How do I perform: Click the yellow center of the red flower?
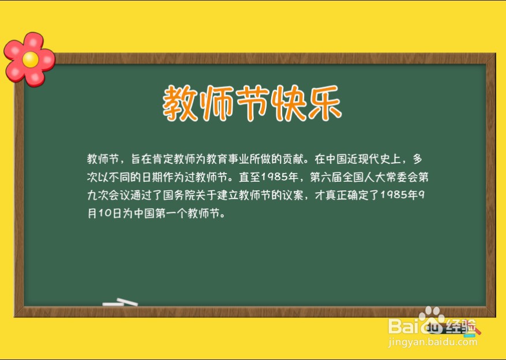tap(29, 59)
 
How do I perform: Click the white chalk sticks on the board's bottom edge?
tap(120, 302)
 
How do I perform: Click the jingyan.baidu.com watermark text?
tap(433, 343)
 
